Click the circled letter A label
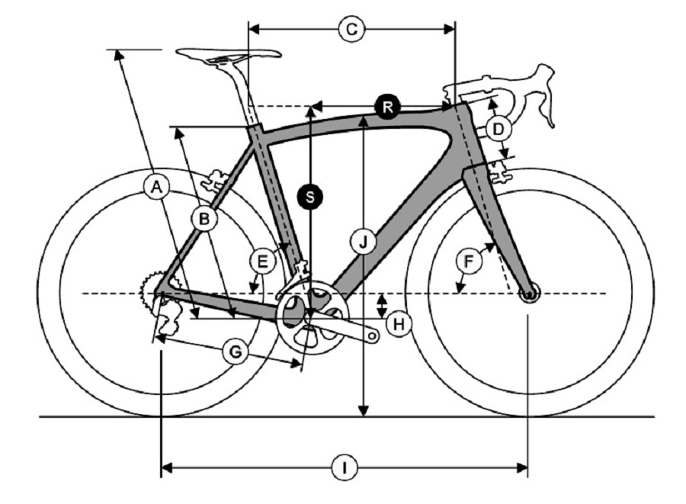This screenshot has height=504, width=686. (156, 188)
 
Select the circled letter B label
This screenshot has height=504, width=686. (204, 218)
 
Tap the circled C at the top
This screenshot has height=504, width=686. (351, 29)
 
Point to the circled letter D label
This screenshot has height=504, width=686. (498, 129)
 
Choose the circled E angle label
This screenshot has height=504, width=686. (262, 262)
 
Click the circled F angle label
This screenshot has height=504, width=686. (469, 262)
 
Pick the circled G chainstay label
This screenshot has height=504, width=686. (236, 352)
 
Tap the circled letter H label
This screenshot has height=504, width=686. (399, 324)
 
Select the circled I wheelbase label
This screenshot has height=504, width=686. (345, 468)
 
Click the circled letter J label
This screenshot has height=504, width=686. (363, 242)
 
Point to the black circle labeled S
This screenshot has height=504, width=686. (310, 197)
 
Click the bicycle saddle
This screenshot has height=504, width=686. (228, 55)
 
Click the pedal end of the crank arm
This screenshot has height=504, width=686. (373, 336)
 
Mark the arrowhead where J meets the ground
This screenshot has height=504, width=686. (363, 411)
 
